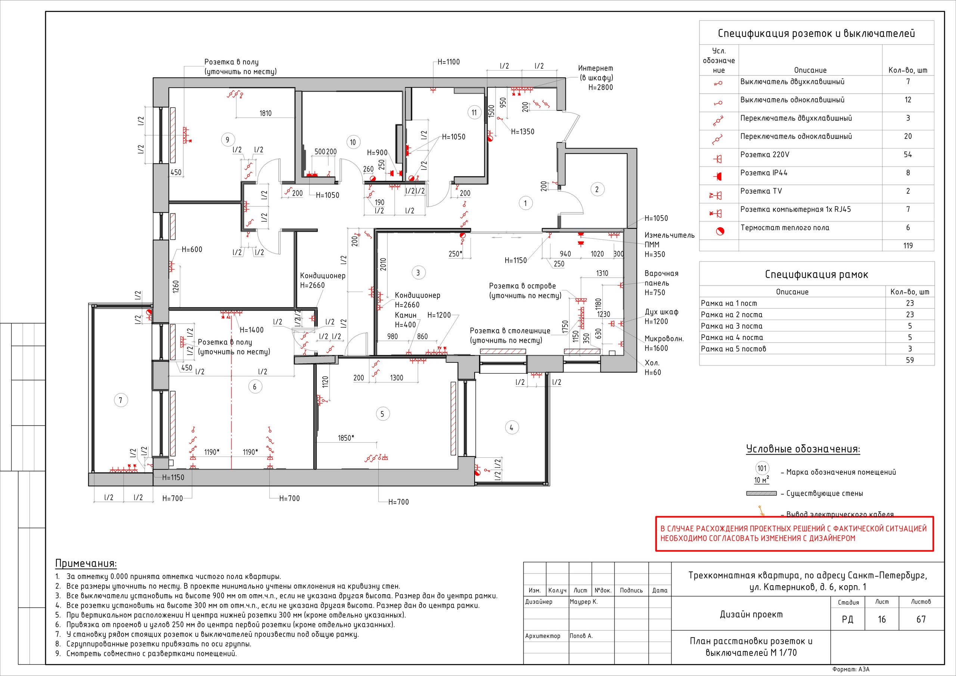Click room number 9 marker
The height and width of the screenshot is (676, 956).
click(x=227, y=140)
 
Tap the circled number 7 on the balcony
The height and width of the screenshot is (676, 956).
click(x=121, y=401)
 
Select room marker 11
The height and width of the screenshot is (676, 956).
click(x=474, y=112)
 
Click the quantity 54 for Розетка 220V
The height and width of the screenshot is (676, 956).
click(x=908, y=155)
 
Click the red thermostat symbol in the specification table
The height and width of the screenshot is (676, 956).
click(x=720, y=231)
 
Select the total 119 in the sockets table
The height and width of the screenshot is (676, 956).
click(x=908, y=246)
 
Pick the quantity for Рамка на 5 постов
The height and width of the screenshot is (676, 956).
click(x=910, y=349)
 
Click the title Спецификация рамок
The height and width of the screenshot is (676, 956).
click(x=816, y=274)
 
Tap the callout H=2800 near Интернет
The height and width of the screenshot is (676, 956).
click(x=600, y=87)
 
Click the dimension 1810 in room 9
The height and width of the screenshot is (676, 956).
click(x=266, y=113)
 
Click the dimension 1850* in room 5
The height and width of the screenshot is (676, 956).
click(x=346, y=438)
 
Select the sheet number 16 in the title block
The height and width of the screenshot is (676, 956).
click(x=882, y=619)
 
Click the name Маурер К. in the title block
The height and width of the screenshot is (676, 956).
click(x=583, y=601)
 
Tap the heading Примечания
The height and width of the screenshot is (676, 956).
click(x=86, y=564)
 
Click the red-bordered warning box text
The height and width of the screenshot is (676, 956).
click(x=794, y=533)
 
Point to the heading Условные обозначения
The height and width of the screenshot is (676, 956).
click(x=803, y=449)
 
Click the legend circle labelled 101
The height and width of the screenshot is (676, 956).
click(x=762, y=468)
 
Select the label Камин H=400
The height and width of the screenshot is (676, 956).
click(x=406, y=320)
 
